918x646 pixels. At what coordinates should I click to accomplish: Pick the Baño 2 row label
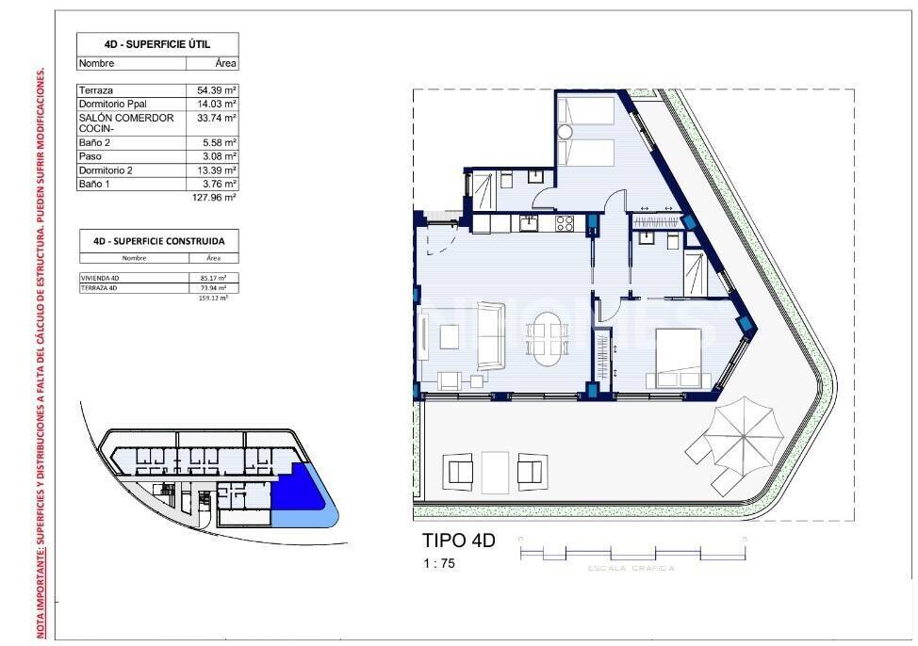(96, 142)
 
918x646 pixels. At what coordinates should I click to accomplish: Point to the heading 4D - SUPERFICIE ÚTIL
(157, 44)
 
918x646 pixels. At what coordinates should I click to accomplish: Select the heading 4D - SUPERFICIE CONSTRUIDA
(157, 240)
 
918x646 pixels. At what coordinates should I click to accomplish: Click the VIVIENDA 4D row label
(102, 279)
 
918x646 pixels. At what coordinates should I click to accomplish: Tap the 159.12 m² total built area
(214, 298)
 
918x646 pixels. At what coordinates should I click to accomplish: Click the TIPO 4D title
(457, 541)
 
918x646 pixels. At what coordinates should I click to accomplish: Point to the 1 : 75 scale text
(438, 563)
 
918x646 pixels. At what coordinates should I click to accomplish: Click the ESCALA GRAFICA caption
(631, 569)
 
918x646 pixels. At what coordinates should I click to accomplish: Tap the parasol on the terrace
(746, 432)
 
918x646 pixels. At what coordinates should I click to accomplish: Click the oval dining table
(548, 338)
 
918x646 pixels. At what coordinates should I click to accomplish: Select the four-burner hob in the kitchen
(565, 223)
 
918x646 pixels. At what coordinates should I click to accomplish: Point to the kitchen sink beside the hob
(530, 222)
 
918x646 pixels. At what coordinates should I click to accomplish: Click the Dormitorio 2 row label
(106, 170)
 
